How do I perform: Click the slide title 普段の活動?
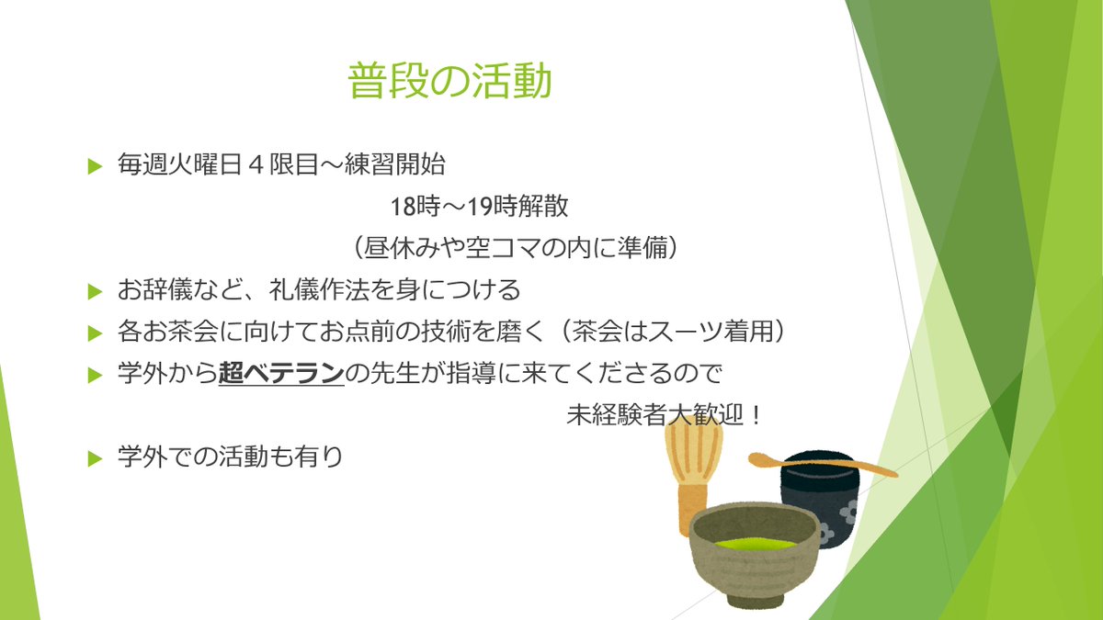[449, 82]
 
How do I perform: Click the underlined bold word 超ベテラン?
[281, 374]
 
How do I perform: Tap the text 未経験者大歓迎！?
[665, 415]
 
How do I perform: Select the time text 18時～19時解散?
[479, 207]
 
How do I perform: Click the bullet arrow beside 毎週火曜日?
[93, 166]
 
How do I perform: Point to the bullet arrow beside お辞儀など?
[93, 291]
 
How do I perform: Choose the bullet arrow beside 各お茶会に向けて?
[93, 333]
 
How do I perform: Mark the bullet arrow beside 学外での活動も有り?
[93, 457]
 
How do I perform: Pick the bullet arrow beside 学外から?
[93, 375]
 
